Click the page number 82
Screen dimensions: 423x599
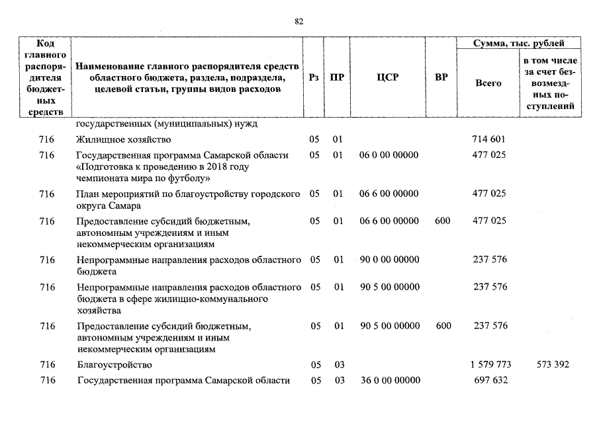[x=299, y=21]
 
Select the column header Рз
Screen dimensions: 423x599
[x=314, y=77]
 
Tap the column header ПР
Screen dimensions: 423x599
[x=338, y=77]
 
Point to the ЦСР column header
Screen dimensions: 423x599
[x=387, y=77]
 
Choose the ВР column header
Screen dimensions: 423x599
[x=441, y=77]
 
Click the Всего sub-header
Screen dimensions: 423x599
[x=488, y=83]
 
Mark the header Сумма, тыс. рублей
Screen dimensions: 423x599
[x=519, y=44]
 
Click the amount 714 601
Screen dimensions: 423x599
[x=489, y=139]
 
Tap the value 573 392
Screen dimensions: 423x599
[x=552, y=365]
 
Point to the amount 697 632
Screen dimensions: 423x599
[x=490, y=380]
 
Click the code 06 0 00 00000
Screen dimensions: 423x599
[x=389, y=155]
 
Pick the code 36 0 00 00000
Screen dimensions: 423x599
[x=389, y=380]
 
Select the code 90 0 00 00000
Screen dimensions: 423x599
[x=389, y=260]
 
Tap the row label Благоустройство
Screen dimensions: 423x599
[x=114, y=365]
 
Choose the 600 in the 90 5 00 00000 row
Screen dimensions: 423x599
[x=443, y=326]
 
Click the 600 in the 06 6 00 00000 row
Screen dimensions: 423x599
[x=443, y=221]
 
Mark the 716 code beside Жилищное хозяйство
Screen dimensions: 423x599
[x=46, y=139]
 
